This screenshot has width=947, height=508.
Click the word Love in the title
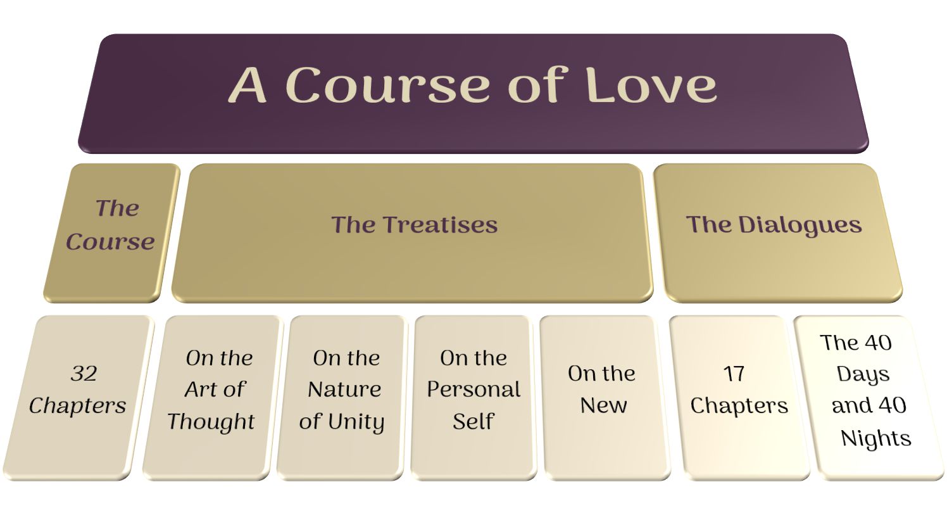(651, 85)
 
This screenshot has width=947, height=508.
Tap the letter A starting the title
(248, 85)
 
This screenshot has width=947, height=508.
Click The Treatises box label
(414, 224)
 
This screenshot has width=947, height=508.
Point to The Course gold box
(111, 232)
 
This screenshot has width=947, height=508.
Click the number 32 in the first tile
(84, 374)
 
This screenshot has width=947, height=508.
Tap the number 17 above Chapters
(734, 374)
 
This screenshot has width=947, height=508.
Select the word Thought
(211, 422)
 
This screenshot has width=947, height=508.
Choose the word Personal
(473, 389)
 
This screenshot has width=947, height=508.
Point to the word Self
(473, 421)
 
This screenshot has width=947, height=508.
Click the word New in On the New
(604, 405)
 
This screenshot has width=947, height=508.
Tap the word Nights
(875, 438)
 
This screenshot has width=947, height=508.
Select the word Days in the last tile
(863, 374)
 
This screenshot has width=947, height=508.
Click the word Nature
(344, 389)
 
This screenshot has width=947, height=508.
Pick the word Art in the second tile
(201, 389)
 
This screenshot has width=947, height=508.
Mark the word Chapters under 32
(77, 406)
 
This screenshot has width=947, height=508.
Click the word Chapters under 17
(739, 406)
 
